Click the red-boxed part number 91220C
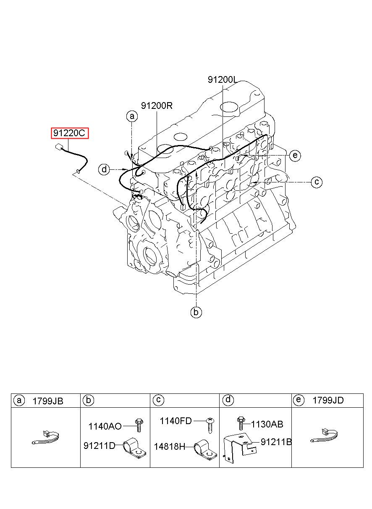coord(69,133)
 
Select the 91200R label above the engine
coord(157,105)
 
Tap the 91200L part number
coord(223,79)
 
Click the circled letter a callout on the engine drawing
coord(132,116)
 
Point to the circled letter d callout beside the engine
coord(104,169)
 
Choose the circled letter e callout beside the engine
coord(295,156)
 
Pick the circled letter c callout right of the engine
coord(317,182)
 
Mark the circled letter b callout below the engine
coord(196,312)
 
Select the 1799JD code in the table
coord(328,401)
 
